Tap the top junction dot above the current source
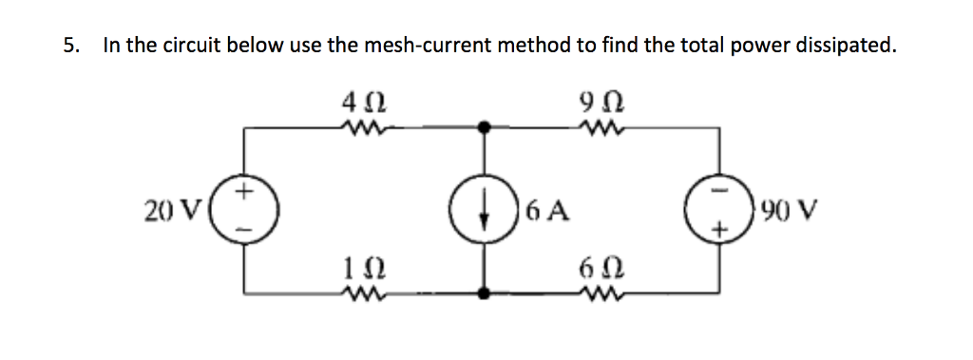click(485, 124)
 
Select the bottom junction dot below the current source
click(485, 294)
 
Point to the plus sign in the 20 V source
click(245, 193)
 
